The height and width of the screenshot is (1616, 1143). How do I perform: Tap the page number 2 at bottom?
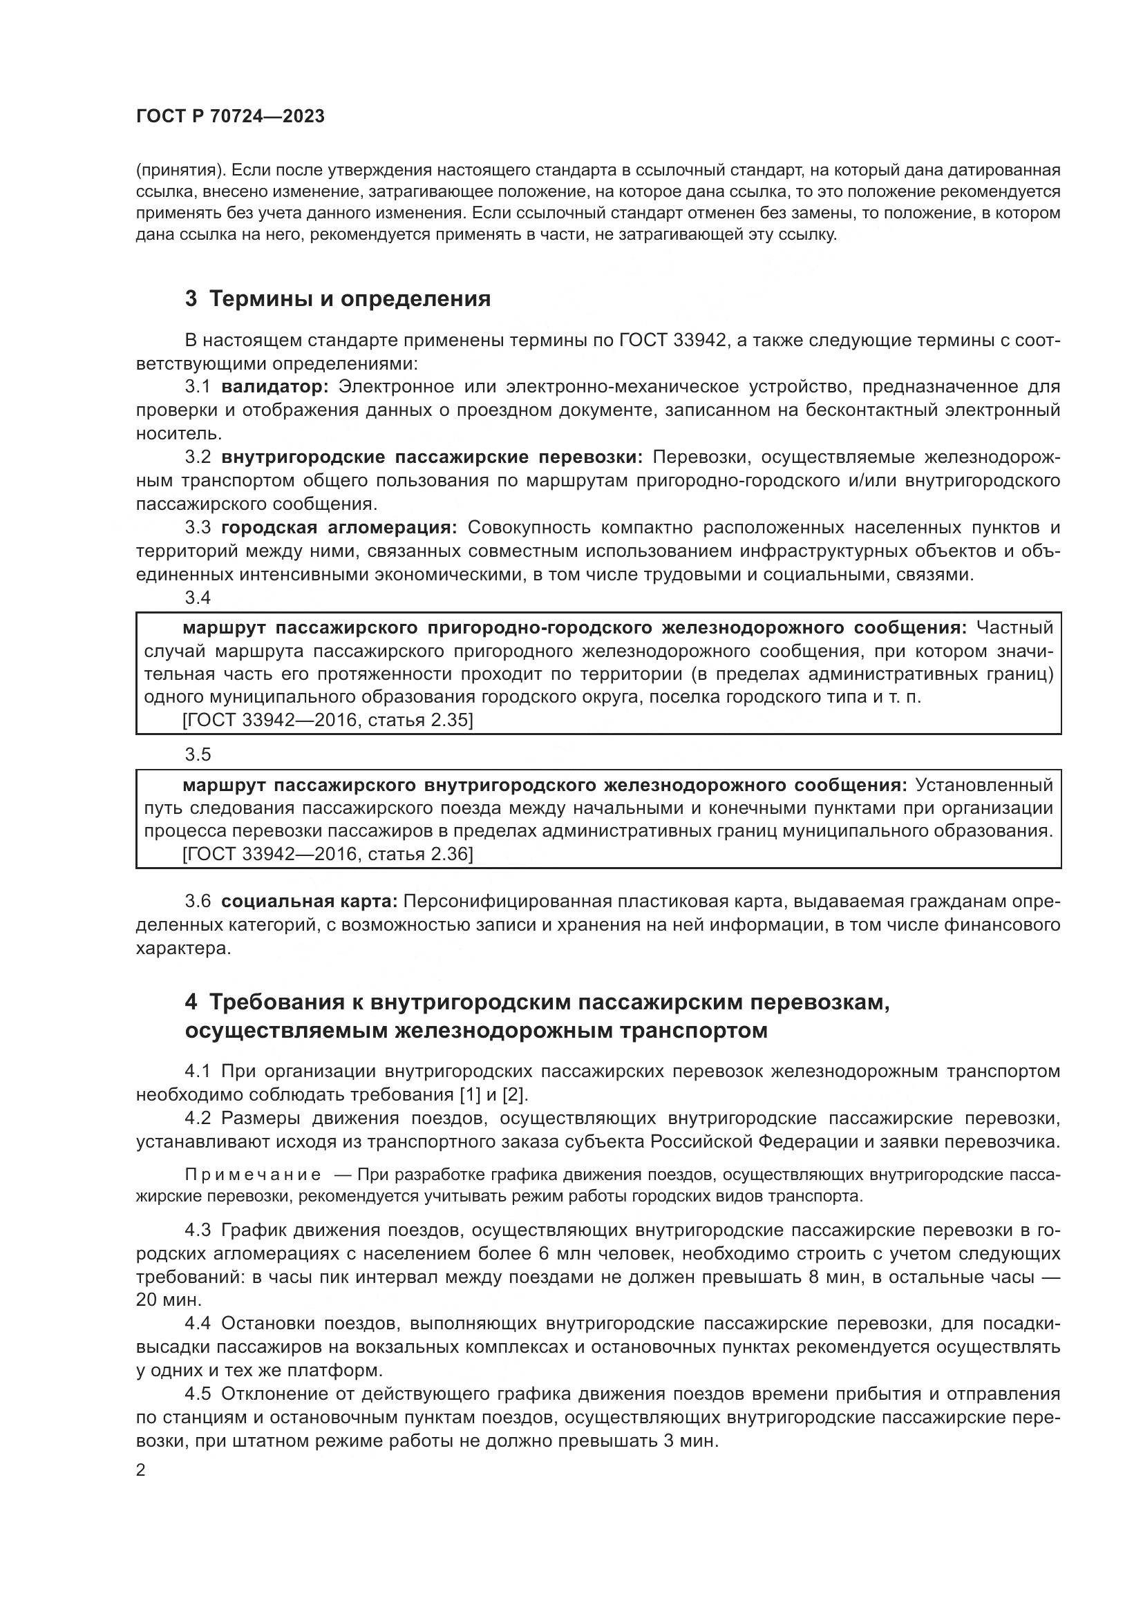coord(141,1470)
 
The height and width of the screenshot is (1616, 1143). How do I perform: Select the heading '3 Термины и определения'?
coord(338,299)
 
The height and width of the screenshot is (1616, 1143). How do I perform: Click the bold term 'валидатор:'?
coord(275,386)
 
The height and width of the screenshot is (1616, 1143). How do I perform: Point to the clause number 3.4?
coord(198,598)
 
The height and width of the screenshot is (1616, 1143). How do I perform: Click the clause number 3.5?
coord(198,754)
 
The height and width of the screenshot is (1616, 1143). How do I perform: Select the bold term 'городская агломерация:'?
coord(339,528)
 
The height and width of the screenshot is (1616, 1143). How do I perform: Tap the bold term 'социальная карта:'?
coord(310,902)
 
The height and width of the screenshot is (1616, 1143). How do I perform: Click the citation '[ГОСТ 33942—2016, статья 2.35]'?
coord(328,721)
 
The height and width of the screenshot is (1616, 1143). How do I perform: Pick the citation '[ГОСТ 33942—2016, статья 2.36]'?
coord(328,855)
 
